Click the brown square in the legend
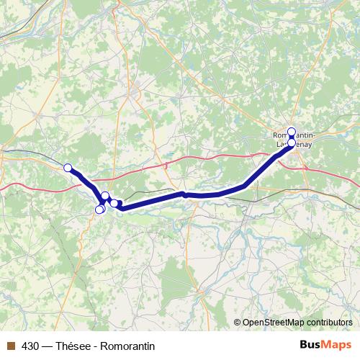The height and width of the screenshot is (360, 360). coord(11,346)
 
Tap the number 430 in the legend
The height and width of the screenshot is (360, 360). coord(31,346)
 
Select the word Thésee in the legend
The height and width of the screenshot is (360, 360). coord(76,346)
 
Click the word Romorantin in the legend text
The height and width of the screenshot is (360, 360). coord(130,346)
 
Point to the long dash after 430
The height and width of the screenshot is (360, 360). coord(49,346)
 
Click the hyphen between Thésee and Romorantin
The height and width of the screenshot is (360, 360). coord(97,346)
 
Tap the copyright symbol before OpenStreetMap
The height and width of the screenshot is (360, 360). coord(238,322)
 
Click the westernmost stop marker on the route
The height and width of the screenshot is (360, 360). coord(68,168)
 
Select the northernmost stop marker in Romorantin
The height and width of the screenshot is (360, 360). coord(292,132)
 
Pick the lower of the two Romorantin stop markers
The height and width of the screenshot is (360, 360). coord(291,141)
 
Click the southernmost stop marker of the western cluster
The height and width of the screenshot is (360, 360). coord(99,210)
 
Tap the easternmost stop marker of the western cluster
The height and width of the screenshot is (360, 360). coord(114,204)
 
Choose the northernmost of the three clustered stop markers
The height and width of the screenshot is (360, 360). coord(105,196)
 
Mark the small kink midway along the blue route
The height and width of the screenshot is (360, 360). coord(185,194)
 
